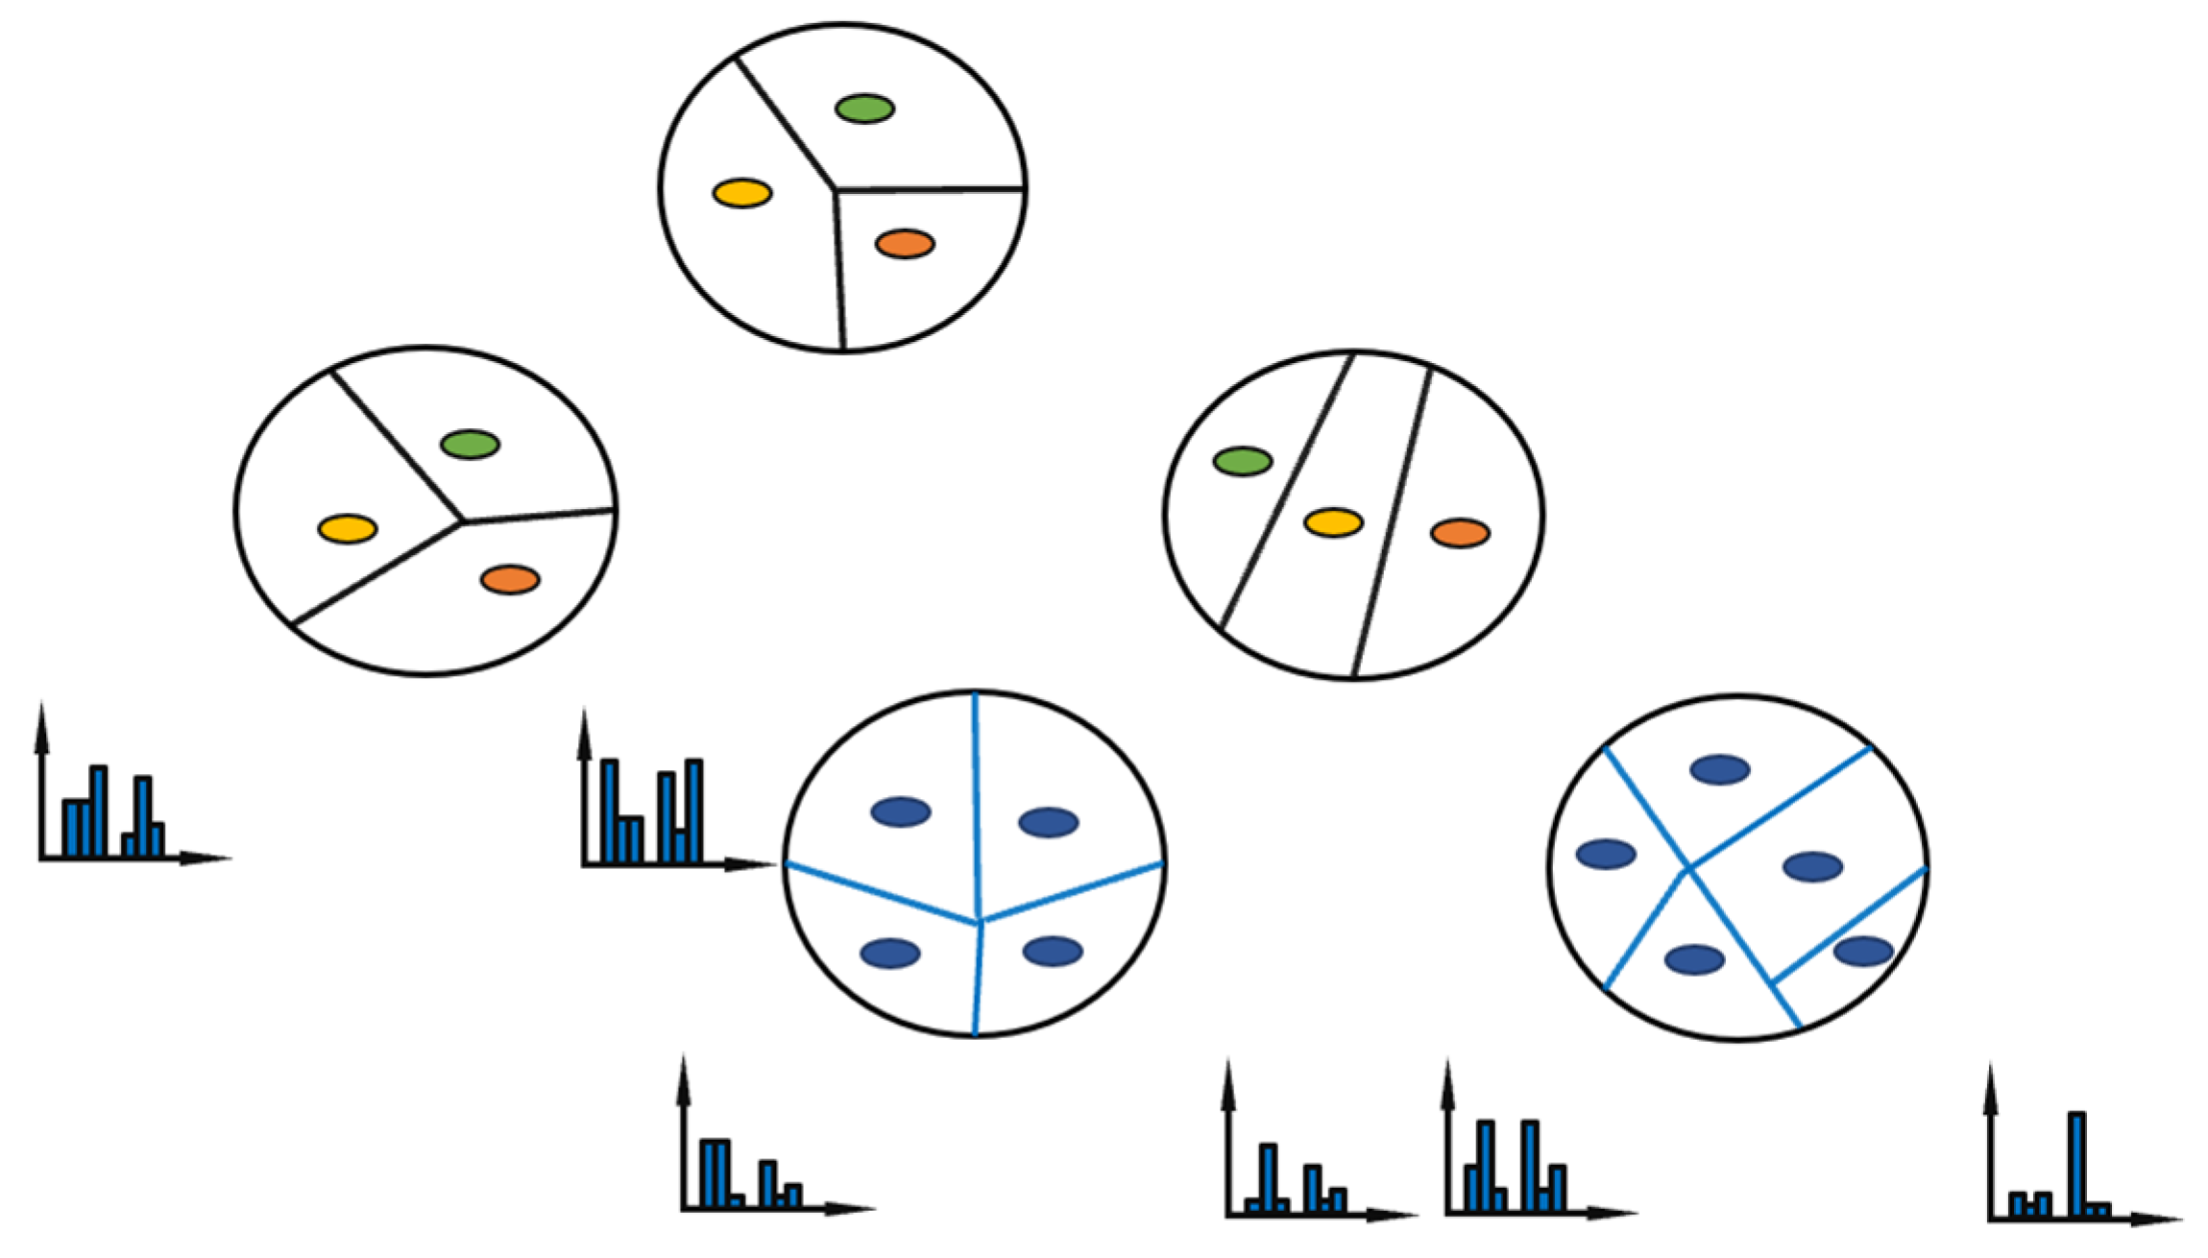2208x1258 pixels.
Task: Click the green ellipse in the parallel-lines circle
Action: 1242,461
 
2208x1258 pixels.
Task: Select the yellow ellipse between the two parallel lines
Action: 1332,522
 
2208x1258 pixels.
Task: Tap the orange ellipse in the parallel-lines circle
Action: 1459,533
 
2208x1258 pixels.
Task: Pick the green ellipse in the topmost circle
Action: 864,109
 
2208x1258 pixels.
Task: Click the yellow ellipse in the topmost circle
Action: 741,193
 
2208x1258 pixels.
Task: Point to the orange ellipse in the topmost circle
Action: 904,244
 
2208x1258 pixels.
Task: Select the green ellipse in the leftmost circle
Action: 470,444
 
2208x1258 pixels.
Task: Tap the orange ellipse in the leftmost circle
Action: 509,579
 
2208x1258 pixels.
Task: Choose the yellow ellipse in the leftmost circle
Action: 347,528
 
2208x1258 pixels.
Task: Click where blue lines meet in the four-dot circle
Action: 979,922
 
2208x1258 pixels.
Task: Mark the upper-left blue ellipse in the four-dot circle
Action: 900,811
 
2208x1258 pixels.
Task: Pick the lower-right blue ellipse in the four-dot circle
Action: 1053,951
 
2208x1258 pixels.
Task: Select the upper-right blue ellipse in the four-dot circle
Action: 1048,822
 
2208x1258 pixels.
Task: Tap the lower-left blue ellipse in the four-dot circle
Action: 889,953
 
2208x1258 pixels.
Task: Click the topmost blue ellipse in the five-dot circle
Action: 1719,769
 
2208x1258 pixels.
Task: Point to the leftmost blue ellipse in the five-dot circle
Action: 1606,854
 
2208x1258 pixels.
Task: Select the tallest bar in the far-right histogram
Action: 2075,1163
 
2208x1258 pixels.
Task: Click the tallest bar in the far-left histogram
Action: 98,810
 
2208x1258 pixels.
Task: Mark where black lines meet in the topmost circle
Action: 835,190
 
